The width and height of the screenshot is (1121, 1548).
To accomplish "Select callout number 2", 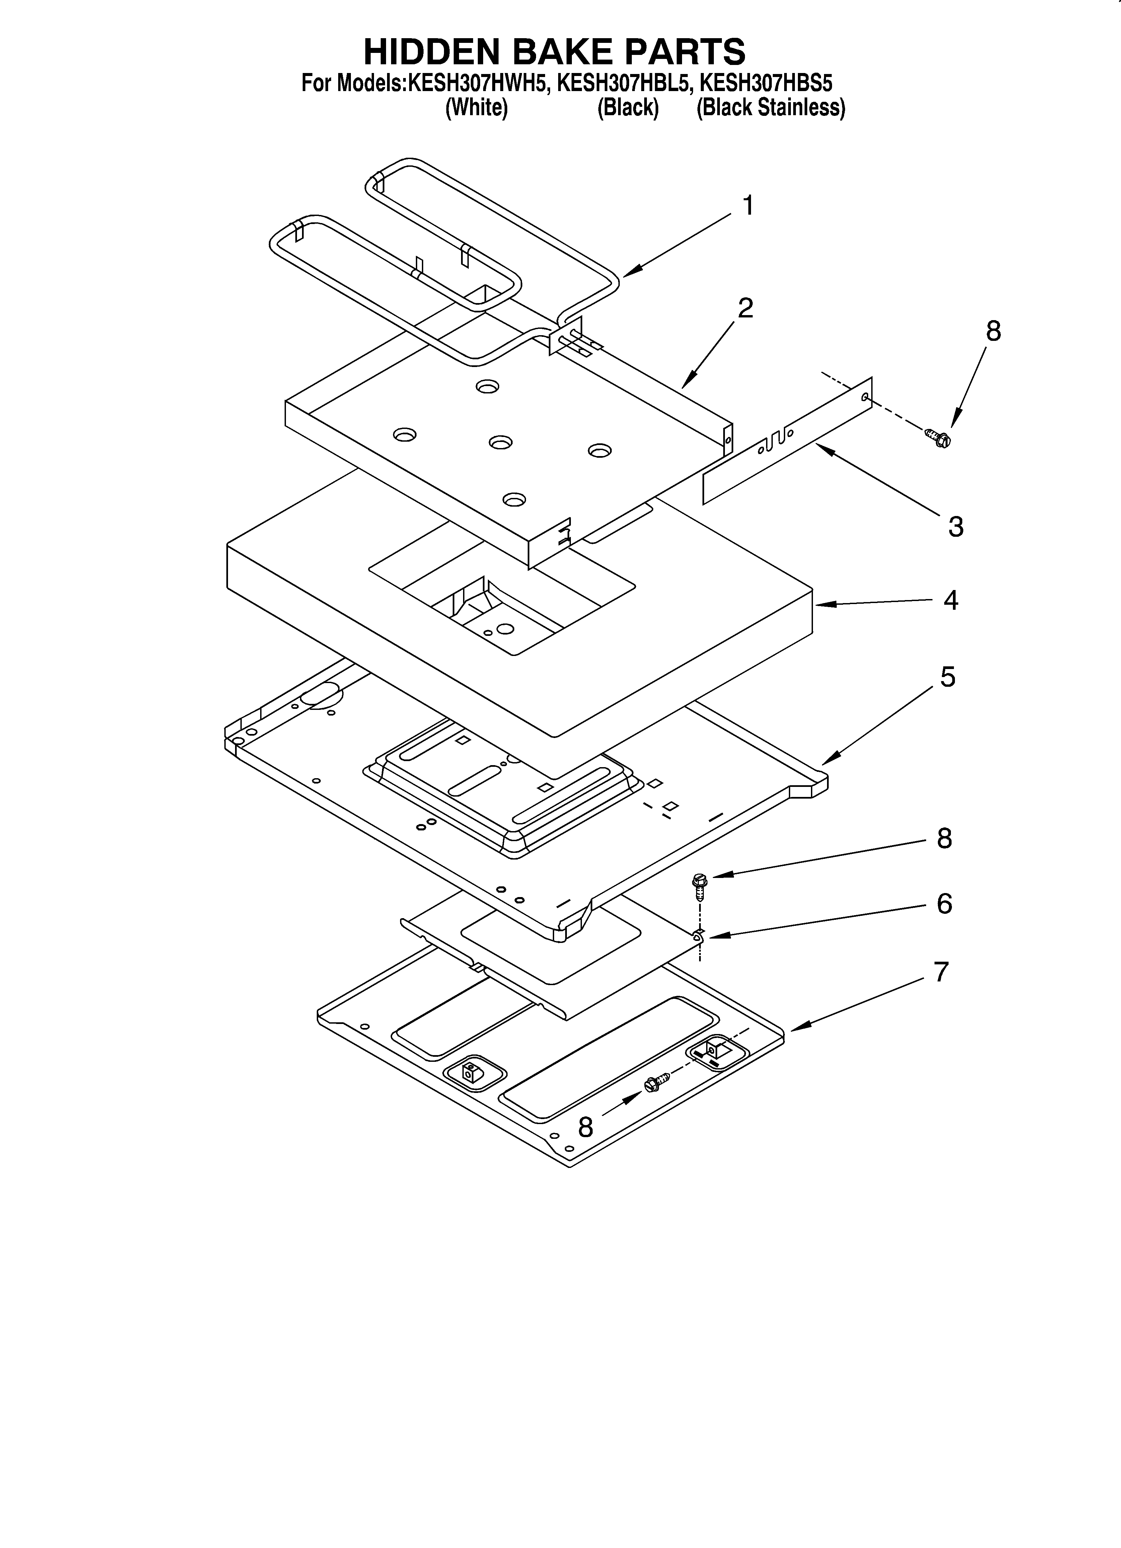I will click(x=746, y=308).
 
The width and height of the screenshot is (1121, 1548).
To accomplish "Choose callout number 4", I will click(x=950, y=600).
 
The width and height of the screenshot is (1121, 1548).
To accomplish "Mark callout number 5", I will click(x=948, y=677).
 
